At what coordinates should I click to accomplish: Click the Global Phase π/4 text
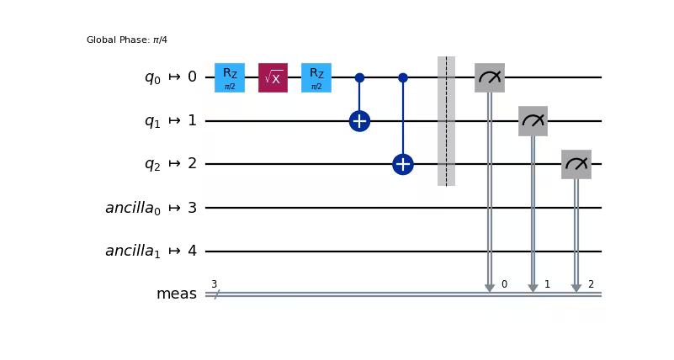click(127, 40)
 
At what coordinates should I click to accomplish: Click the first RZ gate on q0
click(230, 77)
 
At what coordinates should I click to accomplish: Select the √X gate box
click(273, 77)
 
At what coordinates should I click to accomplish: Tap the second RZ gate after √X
click(316, 77)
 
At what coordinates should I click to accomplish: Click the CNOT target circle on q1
click(359, 121)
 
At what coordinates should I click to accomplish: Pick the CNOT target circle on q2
click(403, 164)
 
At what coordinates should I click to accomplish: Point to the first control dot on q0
click(359, 77)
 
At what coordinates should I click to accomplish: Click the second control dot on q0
click(403, 77)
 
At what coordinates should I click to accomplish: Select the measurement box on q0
click(490, 77)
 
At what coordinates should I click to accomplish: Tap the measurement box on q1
click(533, 121)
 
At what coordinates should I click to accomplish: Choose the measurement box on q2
click(576, 164)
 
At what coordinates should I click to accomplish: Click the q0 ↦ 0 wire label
click(170, 77)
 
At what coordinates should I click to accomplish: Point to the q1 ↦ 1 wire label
click(170, 121)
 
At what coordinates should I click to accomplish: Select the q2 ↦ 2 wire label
click(170, 164)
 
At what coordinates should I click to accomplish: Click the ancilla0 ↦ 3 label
click(151, 208)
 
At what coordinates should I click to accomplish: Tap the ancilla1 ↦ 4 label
click(151, 251)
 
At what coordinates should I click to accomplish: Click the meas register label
click(176, 294)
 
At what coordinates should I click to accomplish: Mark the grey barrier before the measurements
click(446, 121)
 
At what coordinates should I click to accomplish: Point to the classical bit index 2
click(591, 284)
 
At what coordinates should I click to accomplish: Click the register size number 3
click(214, 284)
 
